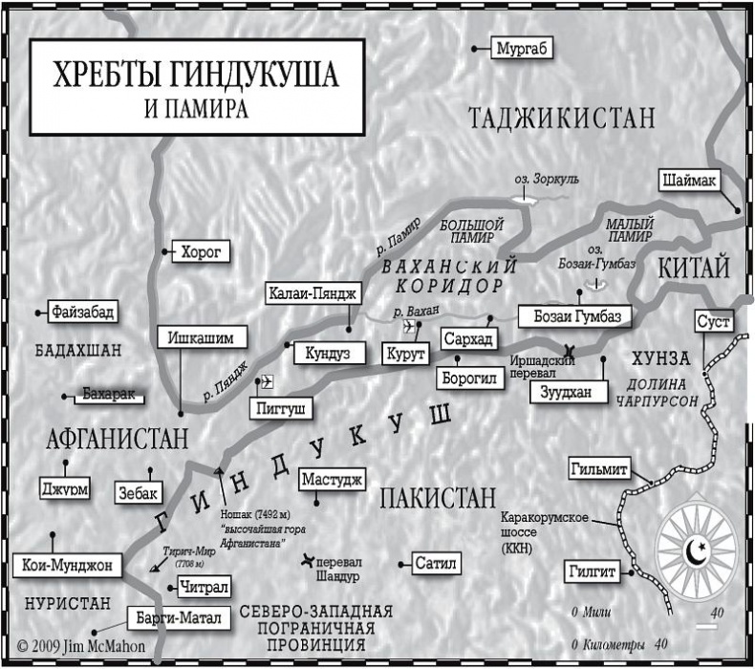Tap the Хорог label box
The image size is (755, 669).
click(202, 252)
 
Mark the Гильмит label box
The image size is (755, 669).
click(599, 469)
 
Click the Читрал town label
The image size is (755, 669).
click(204, 587)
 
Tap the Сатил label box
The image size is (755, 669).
click(438, 563)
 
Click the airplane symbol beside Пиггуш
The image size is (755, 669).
click(267, 382)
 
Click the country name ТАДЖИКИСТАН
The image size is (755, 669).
click(562, 118)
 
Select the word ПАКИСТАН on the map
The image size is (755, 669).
click(438, 497)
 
